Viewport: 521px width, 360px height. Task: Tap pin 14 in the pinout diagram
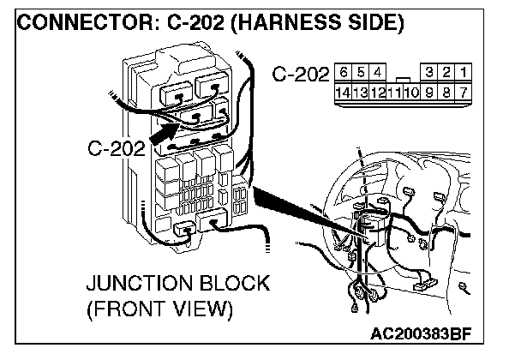[343, 90]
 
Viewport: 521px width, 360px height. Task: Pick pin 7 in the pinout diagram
[462, 90]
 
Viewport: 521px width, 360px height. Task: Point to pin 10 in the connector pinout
[410, 90]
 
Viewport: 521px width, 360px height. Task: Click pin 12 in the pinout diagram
[377, 90]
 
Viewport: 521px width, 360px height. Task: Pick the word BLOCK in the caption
[231, 283]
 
